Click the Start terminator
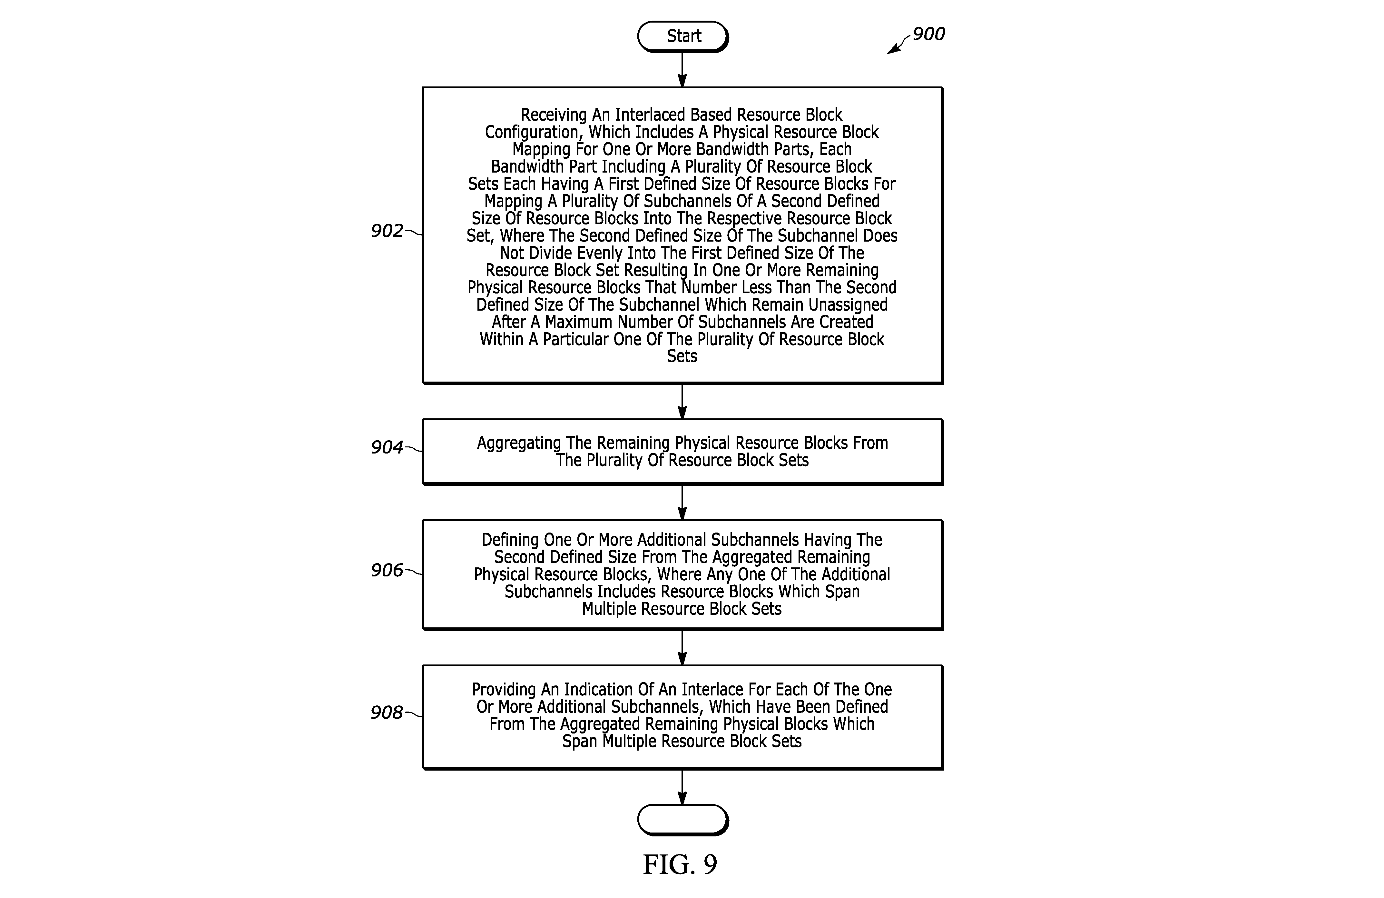click(683, 37)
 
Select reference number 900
click(929, 34)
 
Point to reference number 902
click(387, 231)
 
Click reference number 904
click(387, 447)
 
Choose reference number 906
click(387, 570)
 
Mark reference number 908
click(387, 712)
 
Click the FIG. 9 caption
click(680, 864)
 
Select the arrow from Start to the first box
click(683, 70)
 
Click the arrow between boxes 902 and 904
click(683, 402)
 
